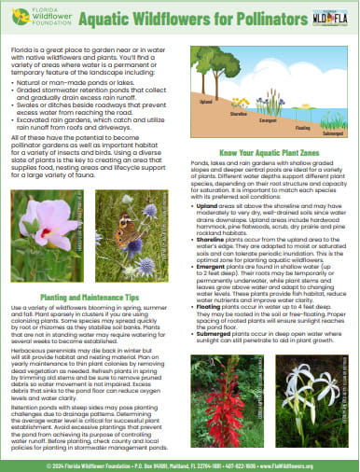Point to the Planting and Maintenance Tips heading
(90, 294)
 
